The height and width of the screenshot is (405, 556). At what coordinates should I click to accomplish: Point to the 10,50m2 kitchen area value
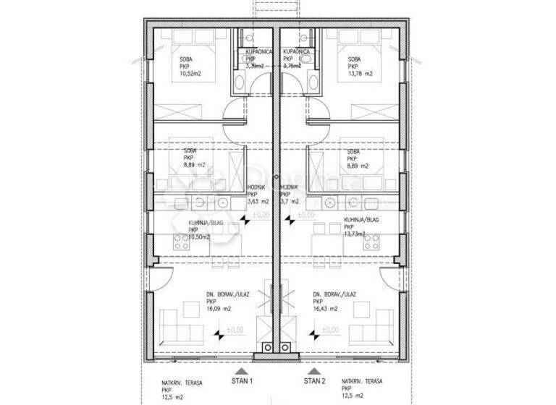tap(199, 236)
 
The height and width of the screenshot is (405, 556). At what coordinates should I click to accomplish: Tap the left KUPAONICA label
tap(259, 53)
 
